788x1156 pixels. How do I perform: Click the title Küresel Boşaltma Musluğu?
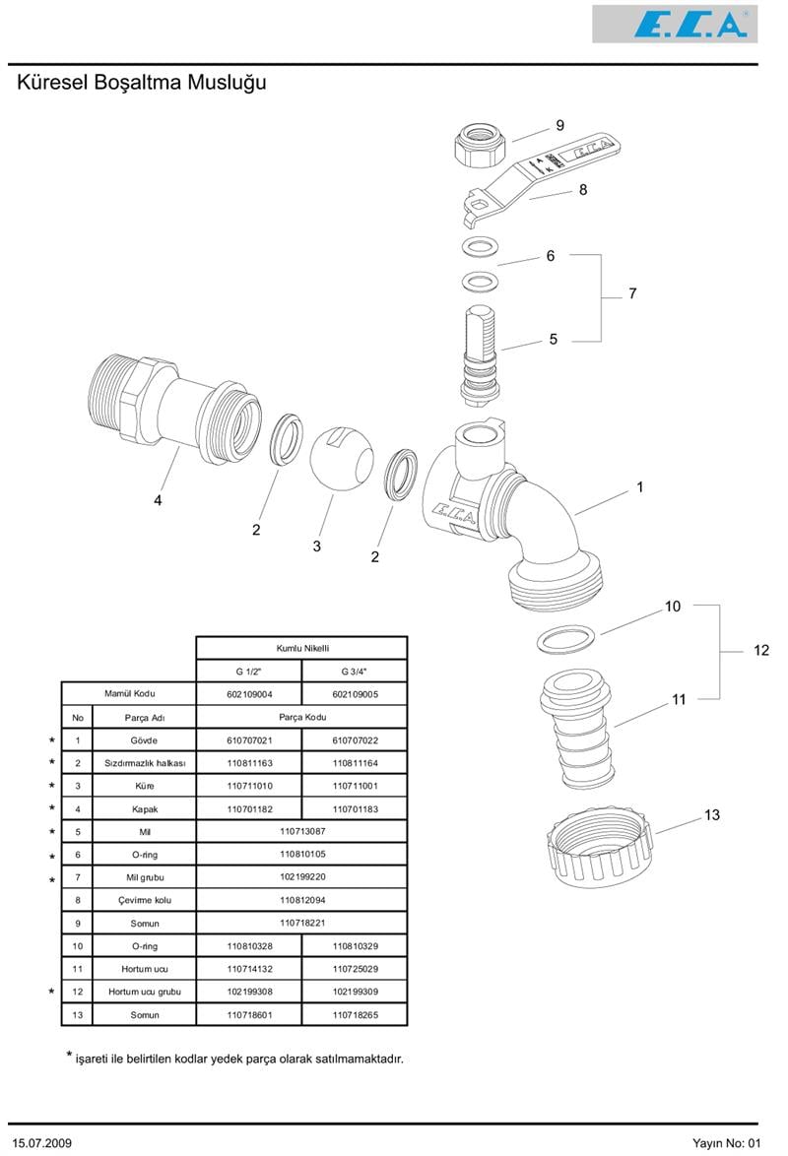142,83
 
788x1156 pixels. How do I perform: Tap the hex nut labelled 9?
480,144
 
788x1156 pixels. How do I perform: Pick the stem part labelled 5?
479,354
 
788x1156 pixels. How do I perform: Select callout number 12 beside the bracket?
760,650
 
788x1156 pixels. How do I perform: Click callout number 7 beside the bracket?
632,293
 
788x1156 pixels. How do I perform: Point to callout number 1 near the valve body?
639,486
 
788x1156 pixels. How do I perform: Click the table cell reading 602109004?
248,694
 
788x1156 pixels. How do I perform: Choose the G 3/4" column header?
354,671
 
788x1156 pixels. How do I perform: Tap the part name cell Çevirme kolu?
144,900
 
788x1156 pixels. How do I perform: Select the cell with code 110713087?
301,831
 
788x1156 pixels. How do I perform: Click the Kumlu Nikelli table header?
301,648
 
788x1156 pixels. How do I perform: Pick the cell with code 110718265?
355,1015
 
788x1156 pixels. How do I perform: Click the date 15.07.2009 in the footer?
43,1143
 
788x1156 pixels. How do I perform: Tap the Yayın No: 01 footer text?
727,1143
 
